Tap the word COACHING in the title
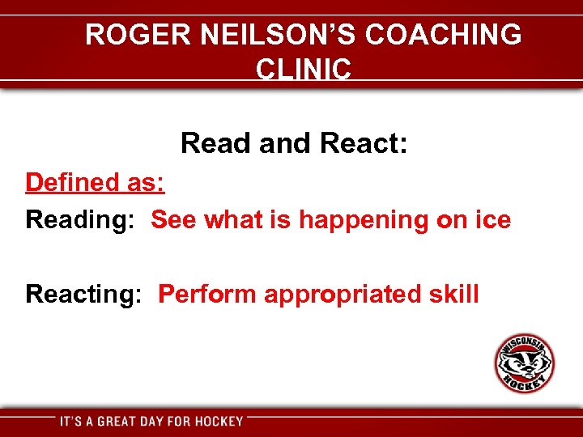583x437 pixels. [x=444, y=35]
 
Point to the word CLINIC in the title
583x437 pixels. [x=304, y=69]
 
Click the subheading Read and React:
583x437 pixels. [x=294, y=143]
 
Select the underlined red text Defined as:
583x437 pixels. [x=96, y=182]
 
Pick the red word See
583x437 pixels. [x=174, y=219]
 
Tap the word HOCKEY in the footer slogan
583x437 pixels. [x=218, y=421]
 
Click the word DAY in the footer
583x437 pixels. [x=157, y=421]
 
